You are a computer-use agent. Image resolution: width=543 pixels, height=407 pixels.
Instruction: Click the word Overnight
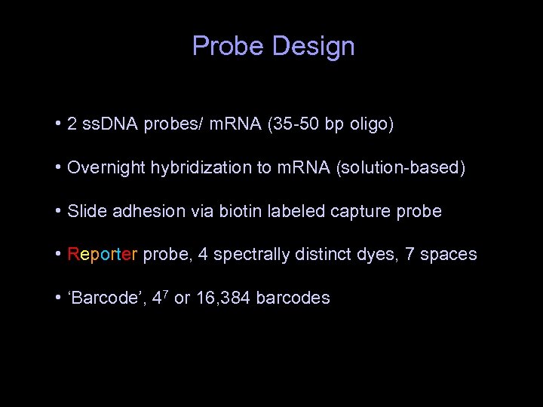pos(102,168)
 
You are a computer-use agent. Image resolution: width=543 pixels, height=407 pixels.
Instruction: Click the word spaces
pos(449,255)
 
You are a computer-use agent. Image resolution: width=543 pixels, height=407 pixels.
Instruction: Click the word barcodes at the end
pos(293,298)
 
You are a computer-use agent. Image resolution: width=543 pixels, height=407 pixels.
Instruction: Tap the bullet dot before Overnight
pos(58,167)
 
